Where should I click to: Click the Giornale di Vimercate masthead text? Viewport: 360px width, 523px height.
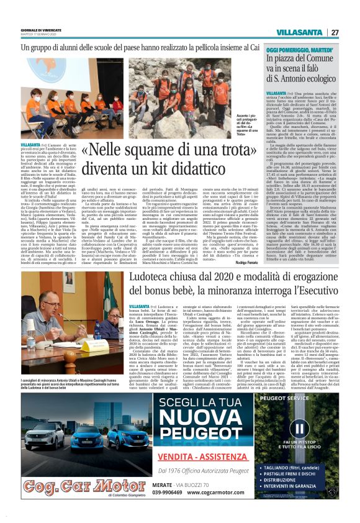pos(40,29)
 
